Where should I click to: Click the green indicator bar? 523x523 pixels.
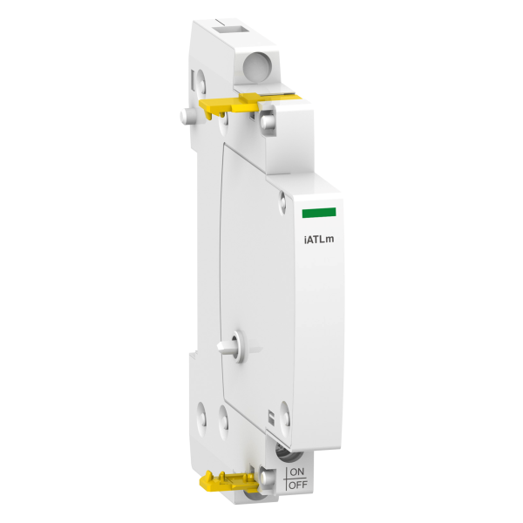(319, 213)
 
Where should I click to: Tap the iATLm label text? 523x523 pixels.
(318, 240)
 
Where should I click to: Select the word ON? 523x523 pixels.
(297, 472)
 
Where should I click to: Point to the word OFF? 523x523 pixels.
(298, 485)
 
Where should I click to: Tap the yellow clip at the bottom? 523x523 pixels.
(228, 482)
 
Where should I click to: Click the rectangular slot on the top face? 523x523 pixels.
(233, 30)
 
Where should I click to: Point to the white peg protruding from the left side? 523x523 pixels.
(186, 116)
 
